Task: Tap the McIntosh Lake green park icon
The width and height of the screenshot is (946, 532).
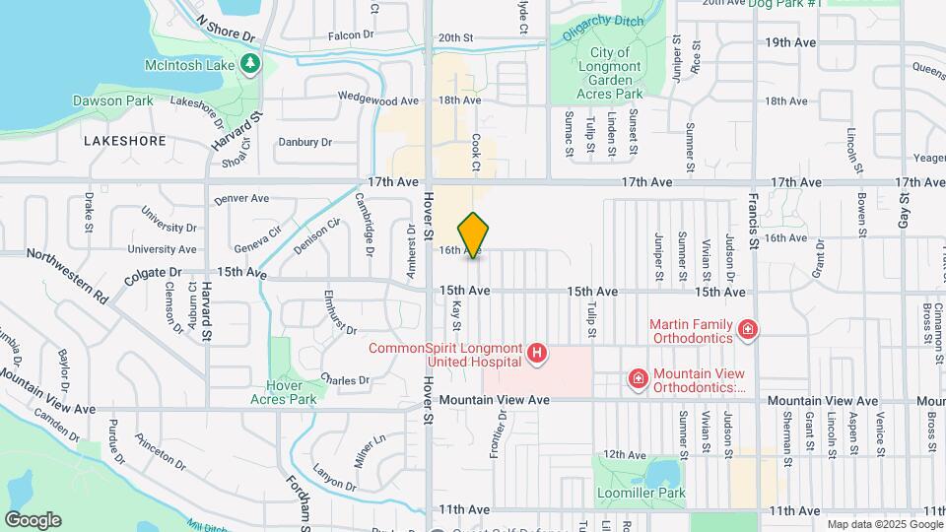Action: click(x=251, y=65)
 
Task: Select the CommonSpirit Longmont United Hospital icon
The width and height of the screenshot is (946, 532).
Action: click(x=537, y=353)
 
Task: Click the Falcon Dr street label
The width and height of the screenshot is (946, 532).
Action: click(x=351, y=34)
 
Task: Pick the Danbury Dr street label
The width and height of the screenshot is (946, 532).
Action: click(x=305, y=142)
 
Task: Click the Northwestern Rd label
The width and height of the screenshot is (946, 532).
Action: click(x=68, y=273)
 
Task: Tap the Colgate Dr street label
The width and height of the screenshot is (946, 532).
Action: click(x=154, y=276)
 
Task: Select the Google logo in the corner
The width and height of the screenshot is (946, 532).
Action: click(x=33, y=519)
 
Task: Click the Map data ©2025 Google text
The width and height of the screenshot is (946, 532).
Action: click(x=883, y=524)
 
